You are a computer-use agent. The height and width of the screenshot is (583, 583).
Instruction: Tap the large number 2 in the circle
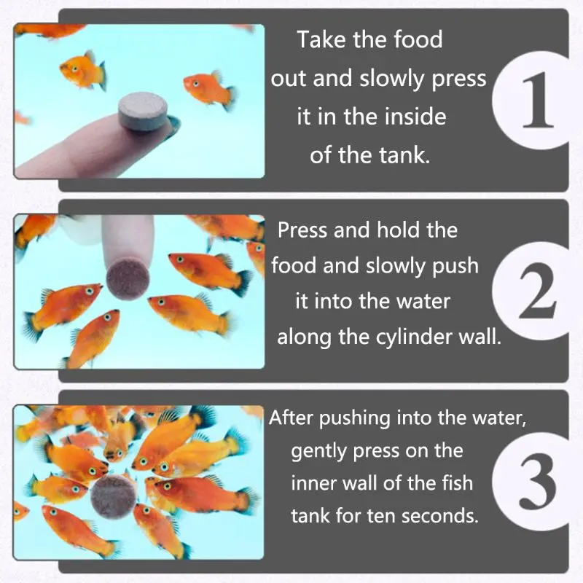coord(537,291)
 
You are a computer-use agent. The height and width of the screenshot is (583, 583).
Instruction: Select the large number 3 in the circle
coord(538,482)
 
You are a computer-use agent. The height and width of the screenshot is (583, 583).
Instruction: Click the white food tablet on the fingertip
coord(143,112)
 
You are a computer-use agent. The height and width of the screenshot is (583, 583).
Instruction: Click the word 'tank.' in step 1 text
coord(404,155)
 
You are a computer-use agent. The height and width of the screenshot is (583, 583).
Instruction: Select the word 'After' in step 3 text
coord(291,418)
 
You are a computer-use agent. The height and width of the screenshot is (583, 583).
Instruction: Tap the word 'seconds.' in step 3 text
coord(440,516)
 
